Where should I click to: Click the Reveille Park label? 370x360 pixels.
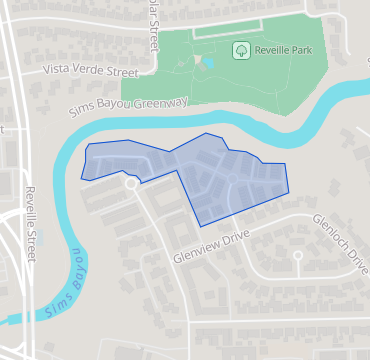(283, 49)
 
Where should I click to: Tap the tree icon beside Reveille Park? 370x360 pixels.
(240, 49)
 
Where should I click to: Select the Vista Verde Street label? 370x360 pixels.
(90, 71)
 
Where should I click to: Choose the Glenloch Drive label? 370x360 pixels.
(339, 241)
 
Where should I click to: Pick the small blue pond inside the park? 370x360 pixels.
(208, 63)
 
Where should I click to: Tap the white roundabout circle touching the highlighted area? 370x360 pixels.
(130, 183)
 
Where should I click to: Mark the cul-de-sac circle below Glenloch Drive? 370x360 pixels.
(298, 256)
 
